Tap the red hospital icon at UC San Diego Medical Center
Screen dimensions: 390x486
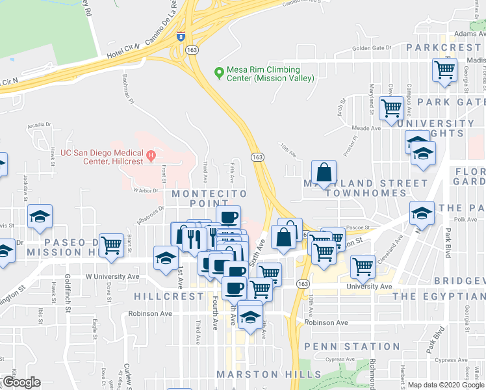tap(151, 155)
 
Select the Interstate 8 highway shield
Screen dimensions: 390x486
tap(180, 36)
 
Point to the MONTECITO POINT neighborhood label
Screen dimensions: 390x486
tap(209, 194)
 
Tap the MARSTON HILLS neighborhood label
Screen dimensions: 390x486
tap(268, 374)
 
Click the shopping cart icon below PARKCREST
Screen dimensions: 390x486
tap(445, 70)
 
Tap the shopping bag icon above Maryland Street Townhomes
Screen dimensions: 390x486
tap(324, 173)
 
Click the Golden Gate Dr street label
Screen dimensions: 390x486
tap(372, 48)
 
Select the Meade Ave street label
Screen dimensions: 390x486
tap(366, 128)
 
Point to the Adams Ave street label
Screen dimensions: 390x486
tap(470, 32)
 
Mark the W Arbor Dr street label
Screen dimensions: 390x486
tap(146, 190)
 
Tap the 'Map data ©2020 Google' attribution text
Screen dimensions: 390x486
tap(445, 385)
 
